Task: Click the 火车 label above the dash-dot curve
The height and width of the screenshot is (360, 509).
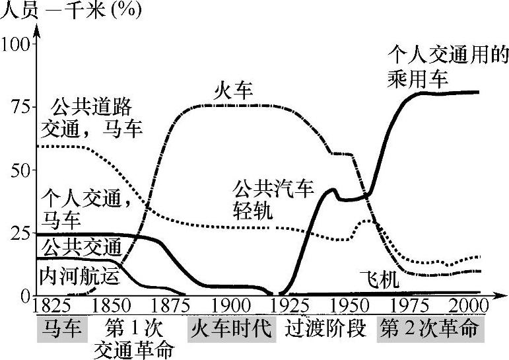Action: point(232,91)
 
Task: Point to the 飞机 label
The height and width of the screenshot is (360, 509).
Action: point(380,279)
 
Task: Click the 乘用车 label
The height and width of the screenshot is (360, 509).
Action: point(417,78)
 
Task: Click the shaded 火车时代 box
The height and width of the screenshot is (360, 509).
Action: point(231,328)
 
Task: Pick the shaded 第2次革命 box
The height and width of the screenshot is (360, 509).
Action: point(430,328)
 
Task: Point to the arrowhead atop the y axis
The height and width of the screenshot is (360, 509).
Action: point(38,30)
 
